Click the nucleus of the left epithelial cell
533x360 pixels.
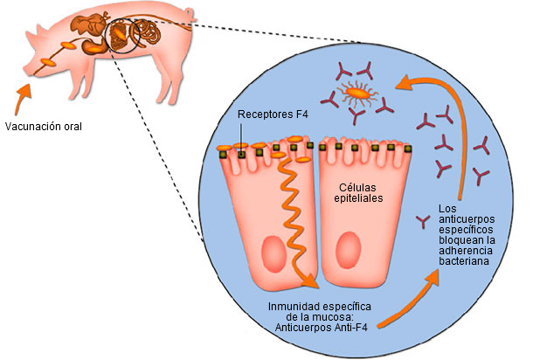[274, 253]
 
